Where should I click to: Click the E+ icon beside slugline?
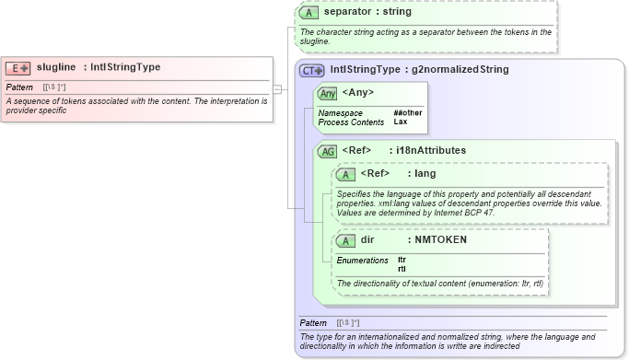(x=18, y=67)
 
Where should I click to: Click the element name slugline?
(x=56, y=67)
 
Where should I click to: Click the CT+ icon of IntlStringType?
(x=312, y=70)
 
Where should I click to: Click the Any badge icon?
(x=327, y=94)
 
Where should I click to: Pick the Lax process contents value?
(x=401, y=122)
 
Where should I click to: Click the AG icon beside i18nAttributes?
(x=327, y=151)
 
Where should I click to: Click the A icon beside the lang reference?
(x=346, y=174)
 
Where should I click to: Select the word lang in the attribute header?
(x=425, y=173)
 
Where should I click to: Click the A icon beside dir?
(x=346, y=240)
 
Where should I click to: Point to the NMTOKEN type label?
(x=441, y=239)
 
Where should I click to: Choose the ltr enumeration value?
(x=402, y=260)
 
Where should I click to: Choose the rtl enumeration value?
(x=402, y=268)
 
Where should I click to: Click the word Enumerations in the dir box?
(x=362, y=261)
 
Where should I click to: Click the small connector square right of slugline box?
(x=276, y=89)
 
